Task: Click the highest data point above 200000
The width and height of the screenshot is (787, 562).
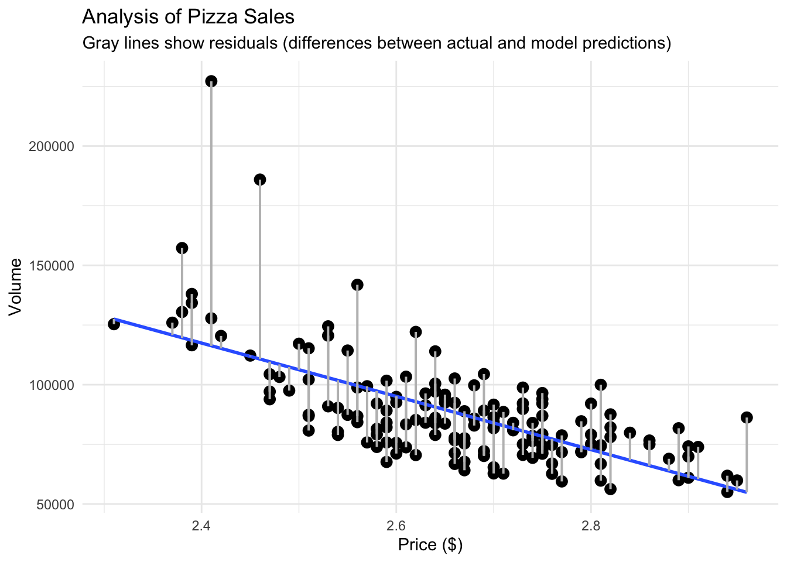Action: click(x=211, y=81)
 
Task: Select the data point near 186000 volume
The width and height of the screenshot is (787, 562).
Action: click(x=260, y=180)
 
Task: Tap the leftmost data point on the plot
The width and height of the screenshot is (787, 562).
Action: click(x=114, y=324)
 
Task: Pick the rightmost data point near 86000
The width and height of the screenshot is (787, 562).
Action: click(x=747, y=417)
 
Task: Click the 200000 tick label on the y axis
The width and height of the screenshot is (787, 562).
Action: click(x=52, y=146)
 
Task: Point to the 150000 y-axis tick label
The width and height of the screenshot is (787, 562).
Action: click(x=52, y=266)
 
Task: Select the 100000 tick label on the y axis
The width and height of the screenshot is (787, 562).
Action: click(x=52, y=385)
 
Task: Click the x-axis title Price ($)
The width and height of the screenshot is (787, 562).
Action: click(x=430, y=545)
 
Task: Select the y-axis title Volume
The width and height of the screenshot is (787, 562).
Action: click(x=16, y=287)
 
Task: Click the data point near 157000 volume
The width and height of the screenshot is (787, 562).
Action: click(x=182, y=248)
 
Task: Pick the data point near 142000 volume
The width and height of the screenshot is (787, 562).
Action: click(x=357, y=285)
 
